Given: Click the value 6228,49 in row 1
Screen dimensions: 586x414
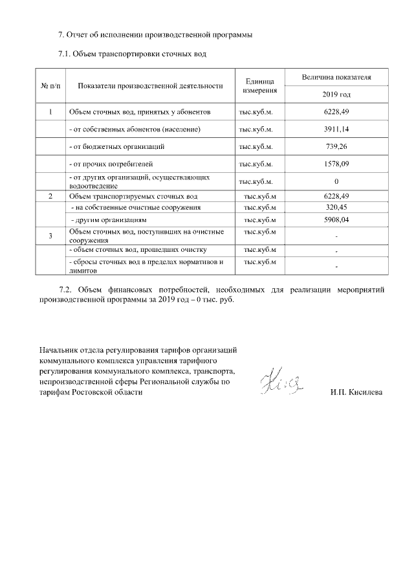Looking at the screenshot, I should point(336,113).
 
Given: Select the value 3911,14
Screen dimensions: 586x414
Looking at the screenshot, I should point(336,130).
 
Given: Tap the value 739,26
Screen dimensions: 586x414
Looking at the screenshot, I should point(336,147).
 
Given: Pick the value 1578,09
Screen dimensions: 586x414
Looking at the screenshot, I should point(336,164).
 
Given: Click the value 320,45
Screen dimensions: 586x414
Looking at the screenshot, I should point(336,208).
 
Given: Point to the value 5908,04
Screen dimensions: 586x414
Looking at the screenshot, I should point(336,220).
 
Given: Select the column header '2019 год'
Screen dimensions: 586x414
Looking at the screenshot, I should point(336,95).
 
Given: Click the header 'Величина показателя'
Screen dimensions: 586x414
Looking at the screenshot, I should point(336,77).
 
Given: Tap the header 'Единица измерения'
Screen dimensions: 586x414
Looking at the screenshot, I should point(261,85).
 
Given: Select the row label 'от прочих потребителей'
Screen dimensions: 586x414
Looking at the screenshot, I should point(111,164).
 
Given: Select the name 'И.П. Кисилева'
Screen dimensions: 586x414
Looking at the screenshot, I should point(356,393).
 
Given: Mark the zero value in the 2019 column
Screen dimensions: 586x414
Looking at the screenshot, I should point(336,181).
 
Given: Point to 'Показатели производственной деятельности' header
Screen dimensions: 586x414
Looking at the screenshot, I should point(150,85).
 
